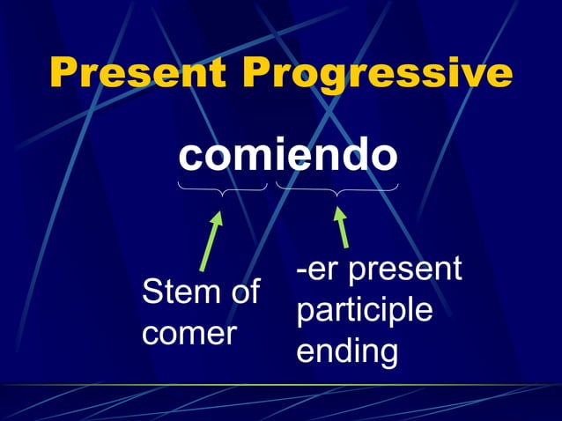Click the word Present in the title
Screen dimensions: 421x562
click(142, 73)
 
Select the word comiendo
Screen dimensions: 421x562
click(288, 156)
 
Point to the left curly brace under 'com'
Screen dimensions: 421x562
click(222, 187)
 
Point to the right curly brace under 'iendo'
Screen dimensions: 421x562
click(336, 188)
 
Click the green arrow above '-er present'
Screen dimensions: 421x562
click(342, 226)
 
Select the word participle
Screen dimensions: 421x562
click(364, 310)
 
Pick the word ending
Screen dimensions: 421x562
click(346, 351)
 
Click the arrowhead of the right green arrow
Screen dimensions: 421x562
click(339, 214)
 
